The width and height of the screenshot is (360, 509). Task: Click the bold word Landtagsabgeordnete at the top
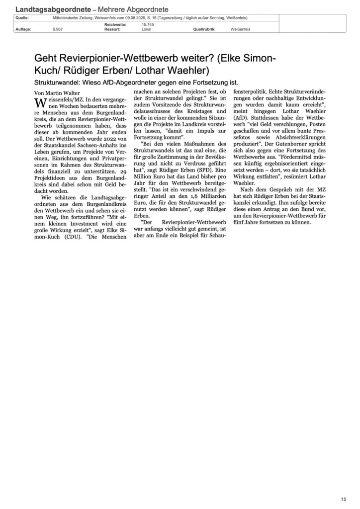(x=53, y=9)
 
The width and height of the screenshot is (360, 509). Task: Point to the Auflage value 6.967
(x=57, y=29)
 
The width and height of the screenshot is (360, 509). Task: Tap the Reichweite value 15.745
(x=148, y=24)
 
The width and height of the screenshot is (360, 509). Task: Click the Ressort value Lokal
(x=147, y=29)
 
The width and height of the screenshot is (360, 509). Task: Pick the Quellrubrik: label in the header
(x=205, y=29)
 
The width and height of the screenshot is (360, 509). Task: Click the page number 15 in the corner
(x=344, y=499)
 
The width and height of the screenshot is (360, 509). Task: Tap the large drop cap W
(x=39, y=102)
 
